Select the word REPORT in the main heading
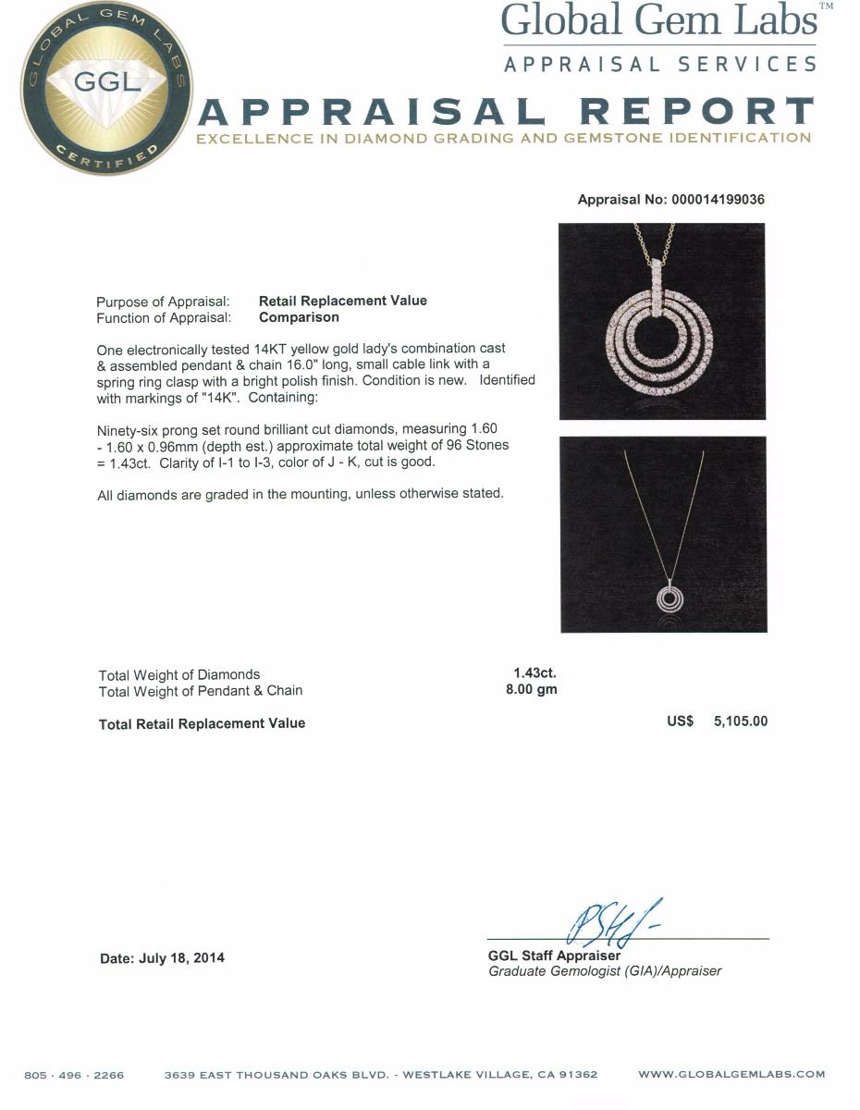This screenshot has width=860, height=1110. point(695,113)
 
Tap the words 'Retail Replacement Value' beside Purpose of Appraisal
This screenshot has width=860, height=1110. point(342,301)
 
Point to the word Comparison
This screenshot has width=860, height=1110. point(299,317)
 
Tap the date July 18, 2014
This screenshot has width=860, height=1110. point(162,958)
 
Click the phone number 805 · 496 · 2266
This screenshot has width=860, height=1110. point(74,1075)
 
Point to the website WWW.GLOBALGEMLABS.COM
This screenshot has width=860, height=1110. point(731,1075)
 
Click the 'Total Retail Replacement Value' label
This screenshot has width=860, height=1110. point(202,723)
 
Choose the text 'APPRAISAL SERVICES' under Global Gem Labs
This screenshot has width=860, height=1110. point(659,64)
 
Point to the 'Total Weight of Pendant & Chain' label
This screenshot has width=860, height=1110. point(201,690)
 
